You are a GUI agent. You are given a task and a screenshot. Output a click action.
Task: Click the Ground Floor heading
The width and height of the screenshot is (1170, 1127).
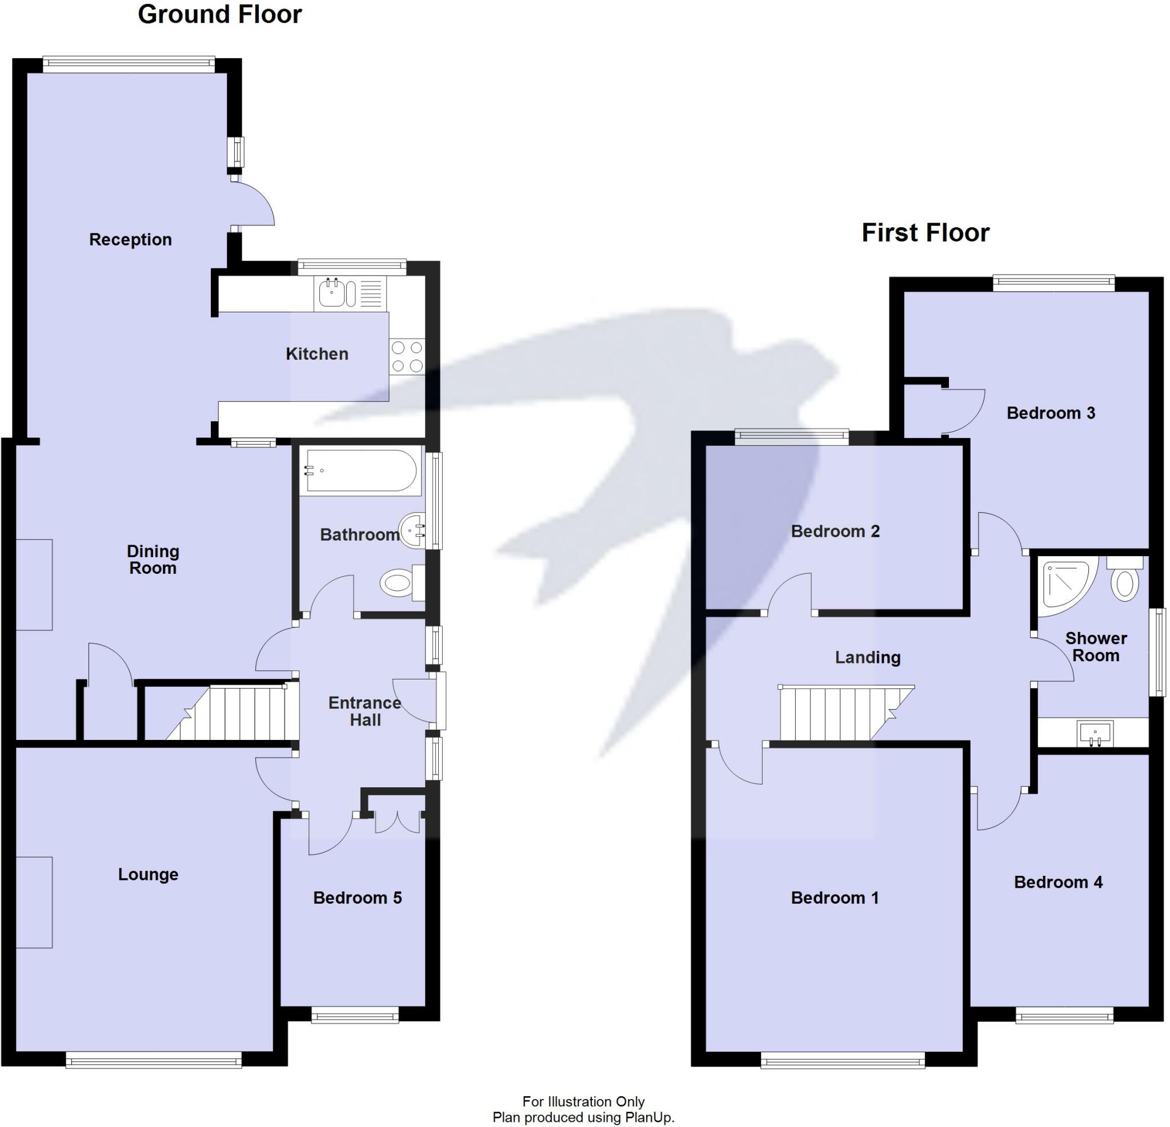click(x=220, y=14)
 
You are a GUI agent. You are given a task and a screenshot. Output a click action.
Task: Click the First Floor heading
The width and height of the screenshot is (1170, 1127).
click(x=925, y=233)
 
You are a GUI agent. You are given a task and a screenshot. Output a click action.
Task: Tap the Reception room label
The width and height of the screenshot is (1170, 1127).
click(x=130, y=240)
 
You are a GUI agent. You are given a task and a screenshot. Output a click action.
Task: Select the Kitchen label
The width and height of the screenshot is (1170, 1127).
click(x=317, y=354)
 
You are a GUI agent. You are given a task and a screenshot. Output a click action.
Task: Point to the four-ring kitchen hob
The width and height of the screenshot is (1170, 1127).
click(x=407, y=356)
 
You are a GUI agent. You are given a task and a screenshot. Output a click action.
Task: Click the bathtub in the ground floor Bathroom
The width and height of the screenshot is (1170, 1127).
click(x=359, y=471)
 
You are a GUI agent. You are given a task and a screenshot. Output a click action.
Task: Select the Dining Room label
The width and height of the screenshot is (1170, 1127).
click(x=153, y=560)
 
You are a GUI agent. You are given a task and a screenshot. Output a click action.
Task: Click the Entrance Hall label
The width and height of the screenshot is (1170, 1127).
click(x=364, y=711)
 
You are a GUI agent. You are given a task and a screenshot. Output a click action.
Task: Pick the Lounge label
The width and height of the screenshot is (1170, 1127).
click(x=148, y=875)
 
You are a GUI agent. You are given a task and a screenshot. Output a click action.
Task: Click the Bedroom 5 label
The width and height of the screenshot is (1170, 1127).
click(x=357, y=898)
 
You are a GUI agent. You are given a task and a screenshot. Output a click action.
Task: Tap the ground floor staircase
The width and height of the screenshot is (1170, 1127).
click(x=239, y=714)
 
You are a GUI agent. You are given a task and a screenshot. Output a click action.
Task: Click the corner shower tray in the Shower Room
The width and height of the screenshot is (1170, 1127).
click(x=1067, y=585)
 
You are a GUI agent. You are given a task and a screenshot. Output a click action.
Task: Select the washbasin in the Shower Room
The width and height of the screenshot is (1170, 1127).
click(x=1095, y=733)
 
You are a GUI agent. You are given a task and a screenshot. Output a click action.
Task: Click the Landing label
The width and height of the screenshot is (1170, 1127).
click(x=867, y=658)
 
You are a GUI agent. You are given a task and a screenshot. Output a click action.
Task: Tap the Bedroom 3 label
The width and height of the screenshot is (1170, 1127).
click(x=1051, y=413)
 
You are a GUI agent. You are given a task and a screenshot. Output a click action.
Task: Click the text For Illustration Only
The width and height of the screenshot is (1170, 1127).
click(x=583, y=1101)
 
